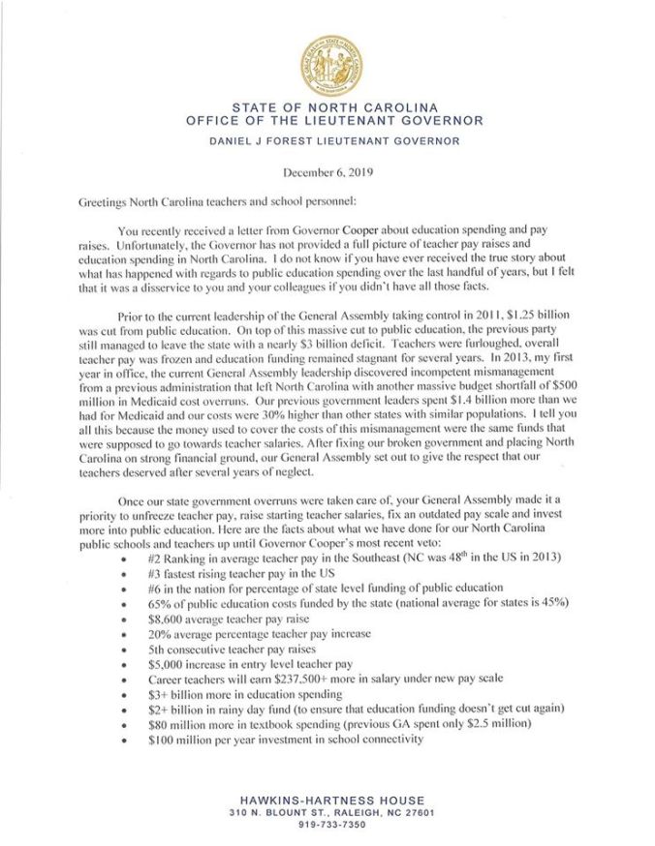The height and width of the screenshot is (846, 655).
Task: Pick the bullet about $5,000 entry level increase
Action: pyautogui.click(x=250, y=667)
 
